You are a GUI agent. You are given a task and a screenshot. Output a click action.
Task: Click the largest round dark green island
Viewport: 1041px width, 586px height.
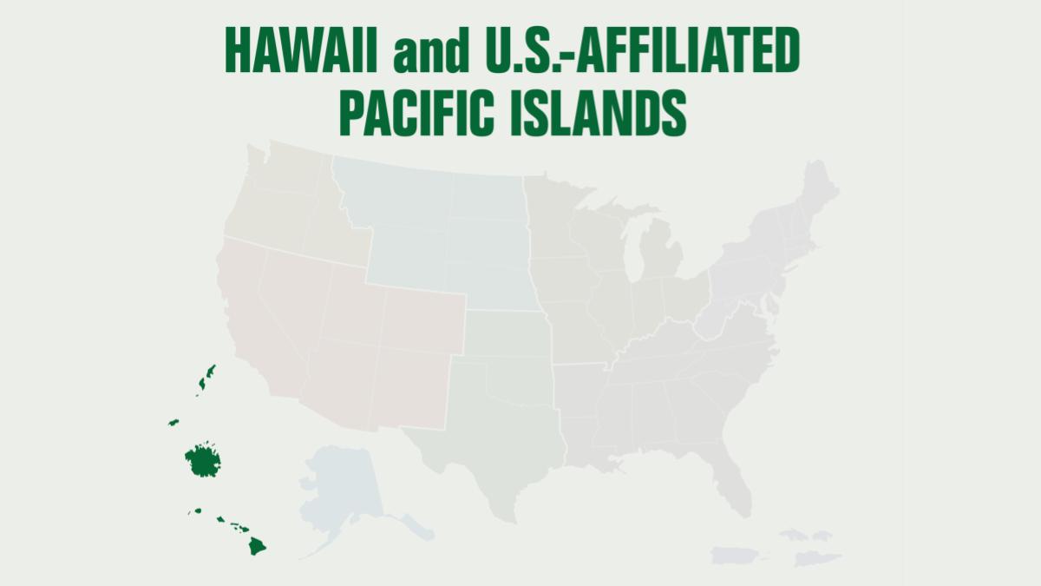(203, 460)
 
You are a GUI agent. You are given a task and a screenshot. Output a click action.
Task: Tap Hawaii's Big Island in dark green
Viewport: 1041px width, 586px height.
(257, 546)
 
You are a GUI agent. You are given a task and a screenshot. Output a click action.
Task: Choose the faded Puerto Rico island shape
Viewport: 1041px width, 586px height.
(734, 554)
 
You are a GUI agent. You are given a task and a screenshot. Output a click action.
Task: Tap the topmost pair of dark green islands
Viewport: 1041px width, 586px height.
(206, 378)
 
